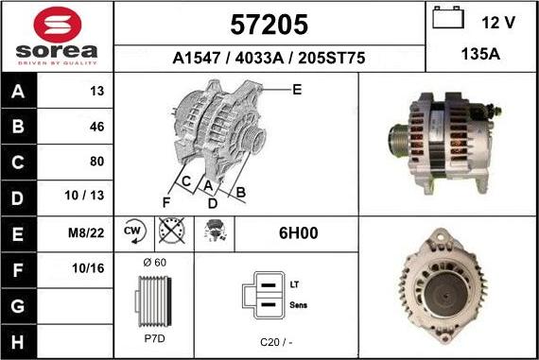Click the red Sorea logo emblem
coord(58,25)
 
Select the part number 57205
coord(269,25)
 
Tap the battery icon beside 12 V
coord(448,17)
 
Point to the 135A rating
coord(480,54)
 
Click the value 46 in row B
coord(97,127)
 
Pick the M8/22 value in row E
coord(86,232)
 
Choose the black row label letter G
coord(18,306)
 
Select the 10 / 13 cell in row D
coord(84,195)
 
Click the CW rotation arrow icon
coord(134,231)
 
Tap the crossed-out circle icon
coord(172,231)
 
